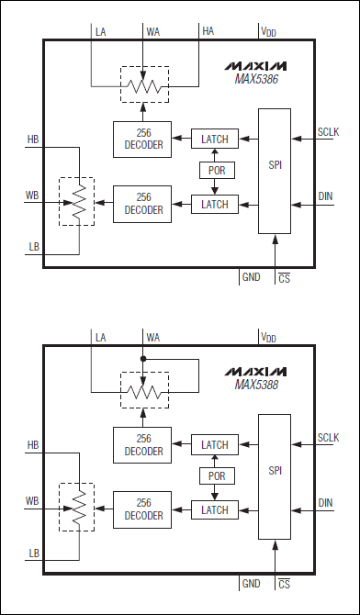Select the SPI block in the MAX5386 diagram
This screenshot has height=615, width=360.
coord(275,171)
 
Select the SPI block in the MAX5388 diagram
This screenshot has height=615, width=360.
coord(275,475)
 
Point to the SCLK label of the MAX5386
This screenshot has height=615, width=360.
coord(328,131)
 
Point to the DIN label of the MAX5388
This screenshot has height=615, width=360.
coord(326,502)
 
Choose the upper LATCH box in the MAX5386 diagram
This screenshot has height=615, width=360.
coord(215,139)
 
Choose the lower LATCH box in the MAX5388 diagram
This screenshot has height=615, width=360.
coord(215,509)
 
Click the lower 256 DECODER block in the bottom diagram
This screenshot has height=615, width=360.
coord(139,509)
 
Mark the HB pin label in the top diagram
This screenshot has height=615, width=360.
coord(33,140)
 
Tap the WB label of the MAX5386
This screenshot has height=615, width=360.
coord(32,196)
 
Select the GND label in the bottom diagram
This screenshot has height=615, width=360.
coord(252,582)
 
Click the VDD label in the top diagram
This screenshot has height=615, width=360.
coord(268,32)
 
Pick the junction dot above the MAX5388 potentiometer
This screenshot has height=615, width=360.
coord(143,358)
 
